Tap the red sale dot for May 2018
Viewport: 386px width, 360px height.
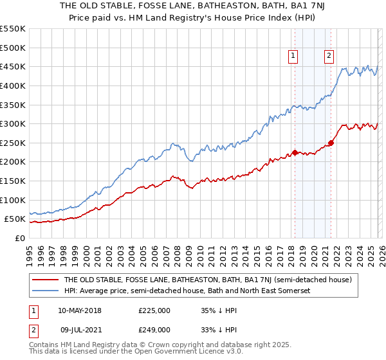click(295, 152)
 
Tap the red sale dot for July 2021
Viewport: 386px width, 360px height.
click(331, 143)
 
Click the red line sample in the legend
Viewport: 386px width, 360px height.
click(46, 280)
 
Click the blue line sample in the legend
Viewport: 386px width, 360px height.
click(46, 291)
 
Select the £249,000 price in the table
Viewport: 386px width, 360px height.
click(154, 329)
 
